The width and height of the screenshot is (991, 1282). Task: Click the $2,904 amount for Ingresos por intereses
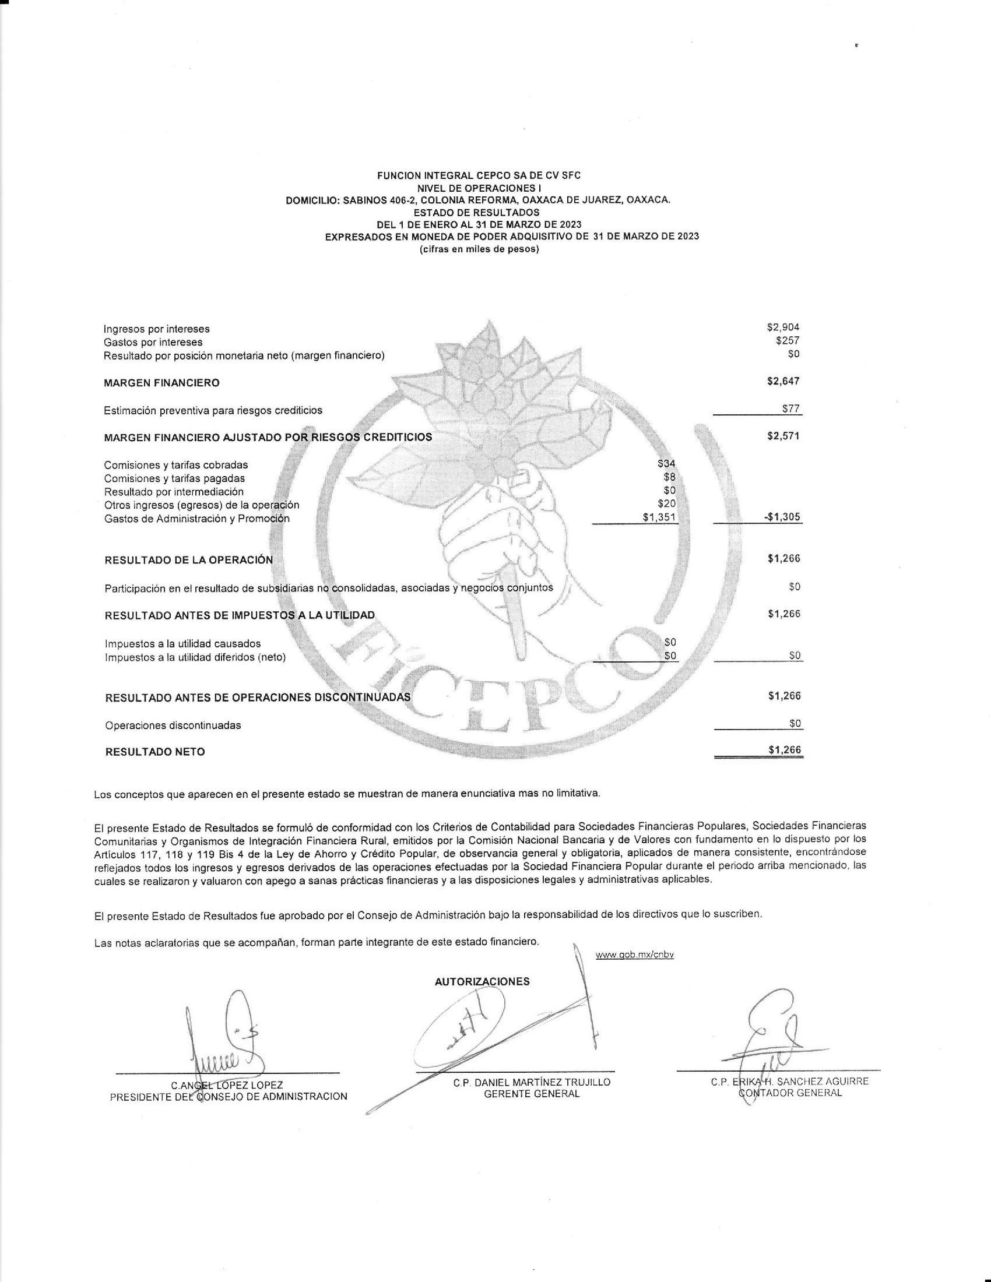pyautogui.click(x=783, y=327)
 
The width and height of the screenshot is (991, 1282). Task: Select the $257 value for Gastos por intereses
pyautogui.click(x=788, y=340)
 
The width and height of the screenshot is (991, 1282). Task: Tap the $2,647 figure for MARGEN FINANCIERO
pyautogui.click(x=783, y=382)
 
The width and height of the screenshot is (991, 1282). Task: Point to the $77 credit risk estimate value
pyautogui.click(x=791, y=408)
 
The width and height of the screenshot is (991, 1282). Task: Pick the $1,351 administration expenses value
pyautogui.click(x=660, y=517)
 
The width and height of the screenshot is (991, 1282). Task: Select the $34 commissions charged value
pyautogui.click(x=666, y=464)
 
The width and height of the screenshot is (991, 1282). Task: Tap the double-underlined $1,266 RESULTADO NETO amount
pyautogui.click(x=784, y=749)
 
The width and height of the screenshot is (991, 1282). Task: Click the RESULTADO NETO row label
pyautogui.click(x=155, y=752)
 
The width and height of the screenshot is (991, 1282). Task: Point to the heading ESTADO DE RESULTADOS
pyautogui.click(x=476, y=212)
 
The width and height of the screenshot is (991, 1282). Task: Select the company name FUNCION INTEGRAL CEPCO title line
pyautogui.click(x=479, y=175)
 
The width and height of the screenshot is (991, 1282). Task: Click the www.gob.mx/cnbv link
pyautogui.click(x=635, y=955)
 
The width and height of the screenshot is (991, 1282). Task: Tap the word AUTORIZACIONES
pyautogui.click(x=482, y=981)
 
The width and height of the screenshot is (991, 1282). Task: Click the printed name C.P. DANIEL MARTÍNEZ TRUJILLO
pyautogui.click(x=532, y=1082)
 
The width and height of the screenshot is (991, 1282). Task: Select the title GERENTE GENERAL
pyautogui.click(x=531, y=1094)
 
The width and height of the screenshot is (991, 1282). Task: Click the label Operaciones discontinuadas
pyautogui.click(x=173, y=725)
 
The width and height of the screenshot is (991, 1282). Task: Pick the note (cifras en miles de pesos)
pyautogui.click(x=479, y=249)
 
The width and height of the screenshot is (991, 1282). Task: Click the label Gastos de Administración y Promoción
pyautogui.click(x=197, y=518)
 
